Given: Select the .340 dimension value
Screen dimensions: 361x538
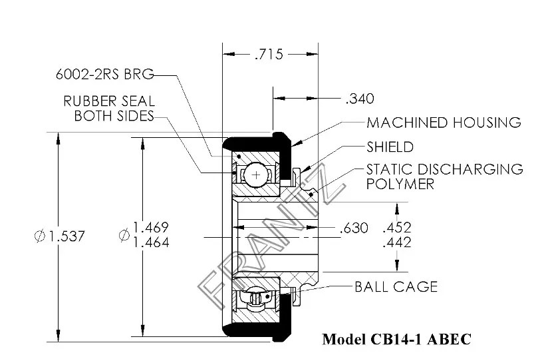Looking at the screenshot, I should point(360,99).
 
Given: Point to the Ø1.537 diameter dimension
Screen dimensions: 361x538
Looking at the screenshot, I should point(61,236).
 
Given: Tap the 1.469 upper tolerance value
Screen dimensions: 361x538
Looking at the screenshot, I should point(152,227).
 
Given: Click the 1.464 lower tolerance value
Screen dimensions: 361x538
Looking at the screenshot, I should point(152,242).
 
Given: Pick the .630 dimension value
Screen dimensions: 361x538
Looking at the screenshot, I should point(353,228).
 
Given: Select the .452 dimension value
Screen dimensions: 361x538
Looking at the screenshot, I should point(397,227).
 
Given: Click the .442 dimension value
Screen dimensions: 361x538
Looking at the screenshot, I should point(397,242).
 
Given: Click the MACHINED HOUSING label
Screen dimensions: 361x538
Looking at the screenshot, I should point(444,123).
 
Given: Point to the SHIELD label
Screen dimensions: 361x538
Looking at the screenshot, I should point(390,147).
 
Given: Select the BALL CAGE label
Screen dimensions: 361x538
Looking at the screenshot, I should point(396,287).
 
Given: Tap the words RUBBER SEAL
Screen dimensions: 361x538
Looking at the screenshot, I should point(109,101).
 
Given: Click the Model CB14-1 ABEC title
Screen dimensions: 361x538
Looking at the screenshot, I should point(396,339).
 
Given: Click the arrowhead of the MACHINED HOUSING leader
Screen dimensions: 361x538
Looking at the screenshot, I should point(293,143).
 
